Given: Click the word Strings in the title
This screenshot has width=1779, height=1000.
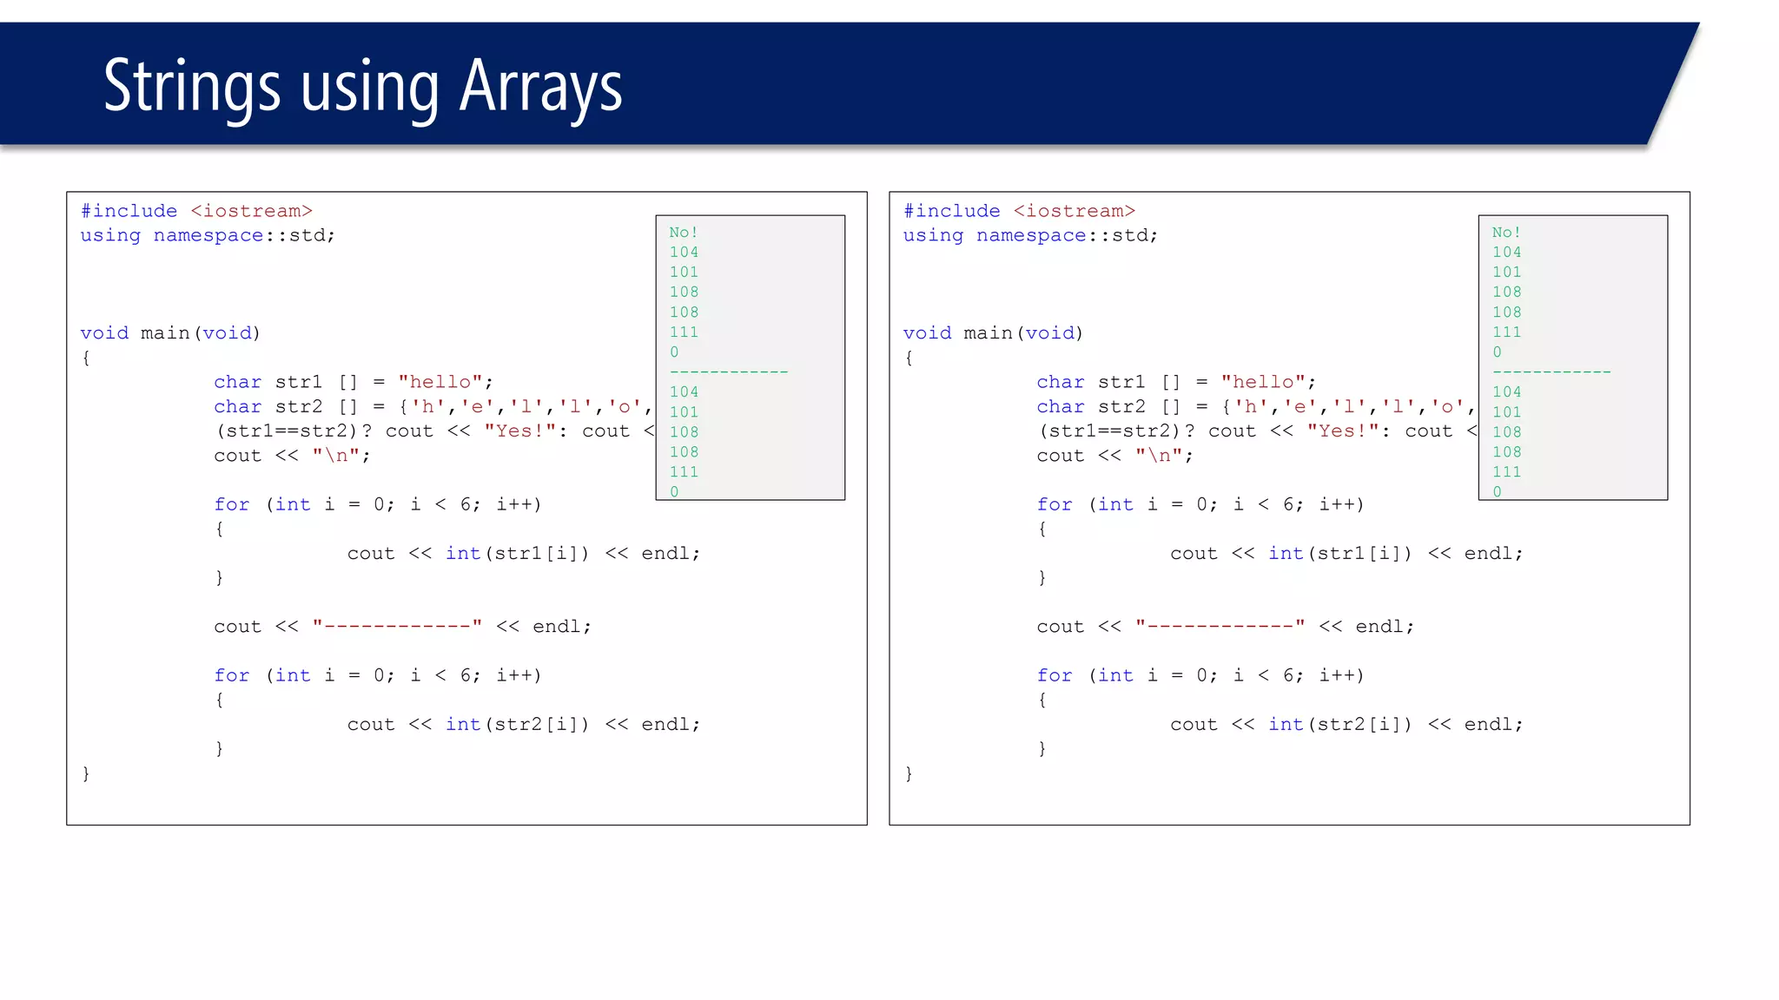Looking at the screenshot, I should coord(192,87).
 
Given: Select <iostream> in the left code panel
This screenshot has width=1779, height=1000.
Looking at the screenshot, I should coord(251,211).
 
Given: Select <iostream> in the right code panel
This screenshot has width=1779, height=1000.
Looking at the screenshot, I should coord(1075,211).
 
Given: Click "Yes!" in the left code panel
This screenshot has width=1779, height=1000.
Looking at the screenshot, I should coord(519,431).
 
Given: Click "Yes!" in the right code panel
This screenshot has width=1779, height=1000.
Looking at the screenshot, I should coord(1342,431).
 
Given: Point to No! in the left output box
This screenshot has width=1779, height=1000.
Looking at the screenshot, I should coord(683,233).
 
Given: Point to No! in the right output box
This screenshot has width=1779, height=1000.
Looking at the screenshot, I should coord(1505,233).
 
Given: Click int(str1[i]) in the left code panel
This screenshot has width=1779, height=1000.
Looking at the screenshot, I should coord(517,553).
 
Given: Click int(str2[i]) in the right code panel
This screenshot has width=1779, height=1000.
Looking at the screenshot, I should coord(1339,724).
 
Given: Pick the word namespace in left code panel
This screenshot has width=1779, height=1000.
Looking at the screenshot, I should coord(208,235).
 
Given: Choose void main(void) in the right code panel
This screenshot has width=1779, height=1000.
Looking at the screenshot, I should coord(992,333).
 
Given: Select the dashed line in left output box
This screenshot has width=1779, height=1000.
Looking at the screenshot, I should coord(728,372).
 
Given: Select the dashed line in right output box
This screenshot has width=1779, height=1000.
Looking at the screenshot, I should coord(1551,372).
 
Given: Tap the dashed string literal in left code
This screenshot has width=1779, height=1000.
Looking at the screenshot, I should coord(396,626).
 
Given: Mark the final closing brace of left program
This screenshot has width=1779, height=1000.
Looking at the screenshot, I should coord(86,773).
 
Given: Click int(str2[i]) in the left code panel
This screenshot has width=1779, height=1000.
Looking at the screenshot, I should coord(517,724).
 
